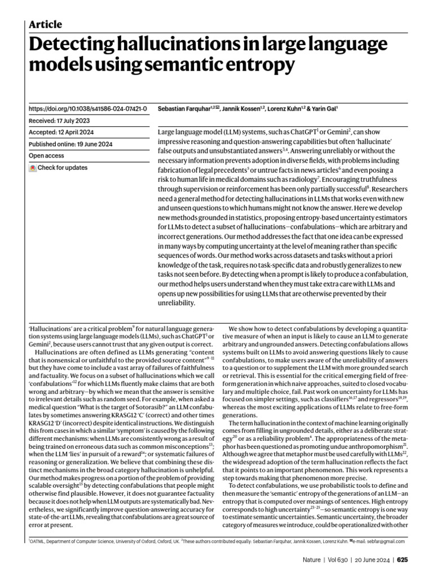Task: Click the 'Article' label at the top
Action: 45,24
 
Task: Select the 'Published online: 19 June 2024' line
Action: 70,144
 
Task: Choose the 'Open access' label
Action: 46,156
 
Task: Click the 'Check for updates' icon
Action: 33,168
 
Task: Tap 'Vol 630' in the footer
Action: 340,560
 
